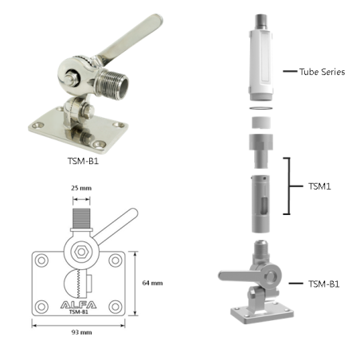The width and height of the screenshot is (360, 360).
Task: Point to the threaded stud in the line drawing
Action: (81, 216)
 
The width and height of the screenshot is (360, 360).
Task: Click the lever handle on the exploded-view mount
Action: (238, 274)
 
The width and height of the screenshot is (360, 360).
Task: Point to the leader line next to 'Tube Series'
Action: (289, 72)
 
